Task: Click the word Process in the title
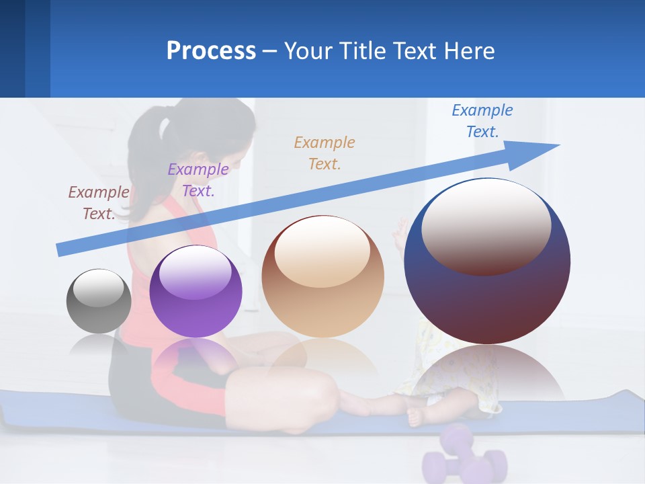pyautogui.click(x=211, y=51)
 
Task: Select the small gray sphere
pyautogui.click(x=99, y=301)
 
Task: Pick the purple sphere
pyautogui.click(x=196, y=292)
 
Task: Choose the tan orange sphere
pyautogui.click(x=322, y=276)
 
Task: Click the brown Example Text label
pyautogui.click(x=99, y=203)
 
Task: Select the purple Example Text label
pyautogui.click(x=198, y=180)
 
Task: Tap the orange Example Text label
pyautogui.click(x=325, y=153)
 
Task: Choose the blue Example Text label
pyautogui.click(x=482, y=121)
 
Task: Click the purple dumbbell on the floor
pyautogui.click(x=464, y=457)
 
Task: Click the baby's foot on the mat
pyautogui.click(x=415, y=417)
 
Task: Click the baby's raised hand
pyautogui.click(x=401, y=232)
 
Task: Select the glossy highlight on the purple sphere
pyautogui.click(x=196, y=272)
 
